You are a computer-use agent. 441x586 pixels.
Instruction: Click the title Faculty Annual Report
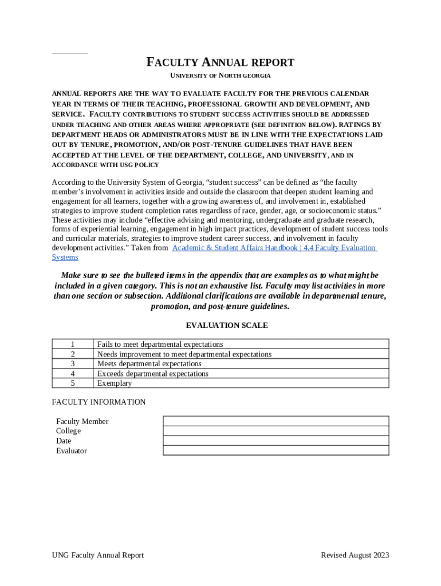(220, 62)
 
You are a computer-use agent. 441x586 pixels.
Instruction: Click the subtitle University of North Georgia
(220, 76)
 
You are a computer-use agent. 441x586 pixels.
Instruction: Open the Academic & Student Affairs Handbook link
(274, 248)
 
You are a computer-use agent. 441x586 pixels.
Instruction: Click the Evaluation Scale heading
(227, 326)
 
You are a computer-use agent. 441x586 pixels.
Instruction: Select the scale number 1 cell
(73, 344)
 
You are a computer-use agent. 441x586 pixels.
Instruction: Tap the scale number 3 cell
(73, 363)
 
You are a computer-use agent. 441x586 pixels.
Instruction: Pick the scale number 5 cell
(73, 383)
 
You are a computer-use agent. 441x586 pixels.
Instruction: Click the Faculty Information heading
(99, 402)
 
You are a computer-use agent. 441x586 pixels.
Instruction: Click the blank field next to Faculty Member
(275, 421)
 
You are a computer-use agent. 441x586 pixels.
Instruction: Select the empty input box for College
(275, 431)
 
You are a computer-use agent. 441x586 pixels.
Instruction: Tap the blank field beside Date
(275, 441)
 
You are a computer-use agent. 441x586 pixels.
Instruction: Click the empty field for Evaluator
(275, 450)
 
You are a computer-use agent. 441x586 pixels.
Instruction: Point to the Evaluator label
(72, 451)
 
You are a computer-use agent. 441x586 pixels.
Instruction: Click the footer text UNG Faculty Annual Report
(97, 555)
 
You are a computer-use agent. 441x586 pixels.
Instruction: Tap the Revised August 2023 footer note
(355, 555)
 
